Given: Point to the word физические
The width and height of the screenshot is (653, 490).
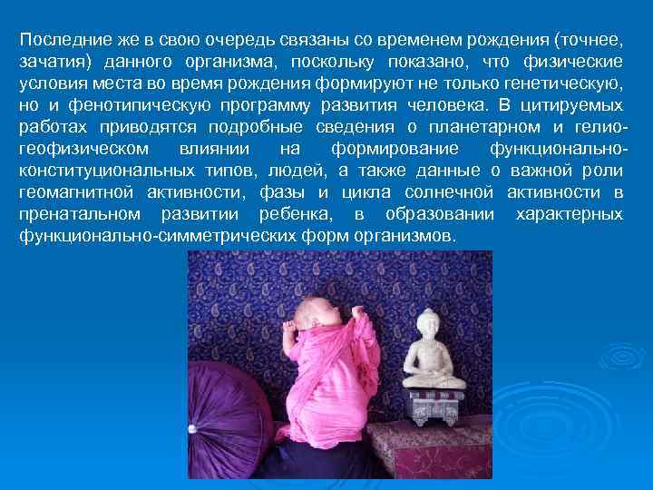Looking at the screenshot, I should click(x=573, y=62).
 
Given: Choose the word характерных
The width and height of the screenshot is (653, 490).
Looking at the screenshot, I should click(x=569, y=215).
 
